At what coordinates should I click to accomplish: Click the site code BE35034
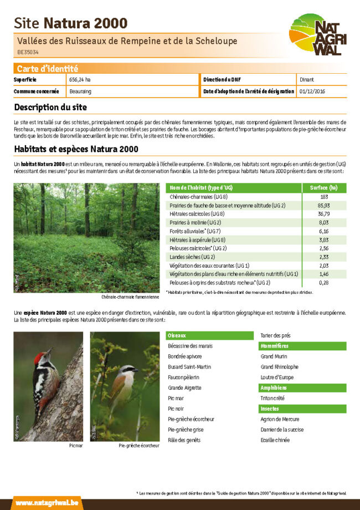[27, 52]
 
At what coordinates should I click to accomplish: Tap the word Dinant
[307, 80]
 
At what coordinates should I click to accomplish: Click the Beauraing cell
[81, 91]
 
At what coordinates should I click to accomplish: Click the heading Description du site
[50, 107]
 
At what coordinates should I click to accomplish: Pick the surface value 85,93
[324, 205]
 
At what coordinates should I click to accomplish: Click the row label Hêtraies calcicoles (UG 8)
[197, 214]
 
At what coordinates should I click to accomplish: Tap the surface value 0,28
[324, 283]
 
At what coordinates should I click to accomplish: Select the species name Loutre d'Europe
[277, 378]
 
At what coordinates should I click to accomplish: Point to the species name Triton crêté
[273, 398]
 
